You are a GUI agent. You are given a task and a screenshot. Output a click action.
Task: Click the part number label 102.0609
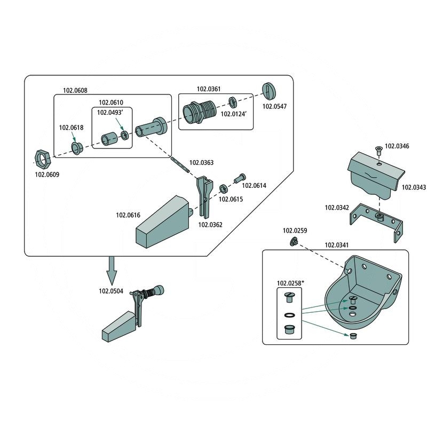pyautogui.click(x=47, y=174)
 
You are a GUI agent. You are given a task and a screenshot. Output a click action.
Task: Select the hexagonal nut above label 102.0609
pyautogui.click(x=42, y=158)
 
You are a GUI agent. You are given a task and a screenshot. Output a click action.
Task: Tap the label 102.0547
pyautogui.click(x=274, y=107)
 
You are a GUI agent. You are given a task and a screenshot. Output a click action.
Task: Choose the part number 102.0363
pyautogui.click(x=201, y=162)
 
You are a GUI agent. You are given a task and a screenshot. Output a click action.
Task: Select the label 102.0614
pyautogui.click(x=254, y=186)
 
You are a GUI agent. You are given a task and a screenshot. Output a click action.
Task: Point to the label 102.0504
pyautogui.click(x=110, y=291)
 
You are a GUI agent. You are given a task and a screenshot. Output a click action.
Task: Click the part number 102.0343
pyautogui.click(x=413, y=187)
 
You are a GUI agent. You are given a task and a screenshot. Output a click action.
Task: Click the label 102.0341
pyautogui.click(x=336, y=246)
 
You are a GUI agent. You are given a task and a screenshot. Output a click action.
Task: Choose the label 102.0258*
pyautogui.click(x=289, y=283)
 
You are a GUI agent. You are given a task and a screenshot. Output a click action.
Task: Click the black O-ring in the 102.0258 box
pyautogui.click(x=289, y=315)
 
